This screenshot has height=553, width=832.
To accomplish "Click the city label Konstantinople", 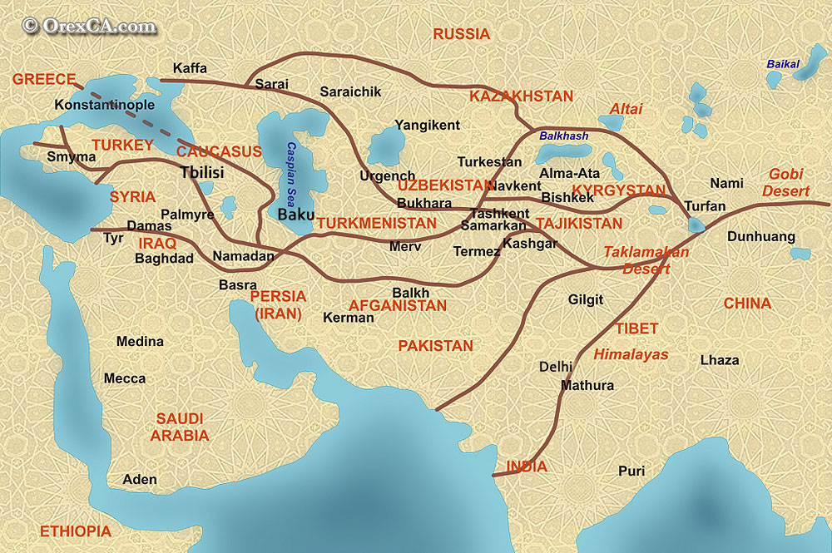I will [104, 106].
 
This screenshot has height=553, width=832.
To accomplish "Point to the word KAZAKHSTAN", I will [521, 96].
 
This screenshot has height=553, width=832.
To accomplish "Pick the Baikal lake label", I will [782, 64].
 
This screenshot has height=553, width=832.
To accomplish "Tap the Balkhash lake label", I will [563, 136].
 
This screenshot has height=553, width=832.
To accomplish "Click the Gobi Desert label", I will [786, 182].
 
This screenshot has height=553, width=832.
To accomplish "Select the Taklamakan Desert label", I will [646, 259].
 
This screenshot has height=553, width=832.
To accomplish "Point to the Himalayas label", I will [631, 354].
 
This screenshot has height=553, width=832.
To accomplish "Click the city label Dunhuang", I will [761, 236].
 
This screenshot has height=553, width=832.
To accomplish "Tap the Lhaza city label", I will [719, 360].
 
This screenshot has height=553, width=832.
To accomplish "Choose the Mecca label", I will [125, 378].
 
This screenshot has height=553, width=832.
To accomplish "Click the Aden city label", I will [139, 480].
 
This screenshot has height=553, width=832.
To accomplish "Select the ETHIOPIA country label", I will [75, 531].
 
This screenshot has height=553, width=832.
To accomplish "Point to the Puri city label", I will [631, 471].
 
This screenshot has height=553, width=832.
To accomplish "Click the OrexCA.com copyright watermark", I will [90, 26].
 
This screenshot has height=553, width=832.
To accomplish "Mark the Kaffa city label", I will [190, 68].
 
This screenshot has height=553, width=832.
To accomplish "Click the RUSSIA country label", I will [461, 34].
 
